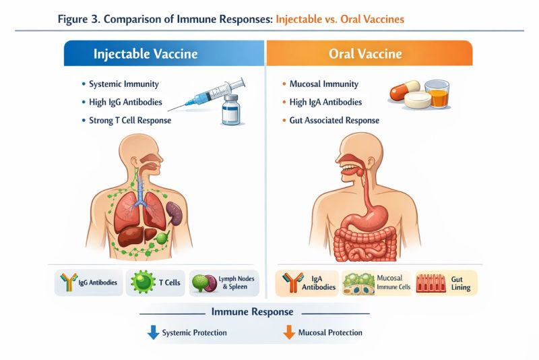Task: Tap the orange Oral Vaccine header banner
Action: point(369,53)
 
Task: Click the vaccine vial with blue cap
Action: point(231,109)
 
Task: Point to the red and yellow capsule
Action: point(404,91)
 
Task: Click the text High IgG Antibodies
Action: point(122,102)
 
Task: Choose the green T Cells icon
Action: point(143,283)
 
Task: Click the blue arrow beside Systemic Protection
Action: point(154,332)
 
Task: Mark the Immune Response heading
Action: point(252,312)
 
